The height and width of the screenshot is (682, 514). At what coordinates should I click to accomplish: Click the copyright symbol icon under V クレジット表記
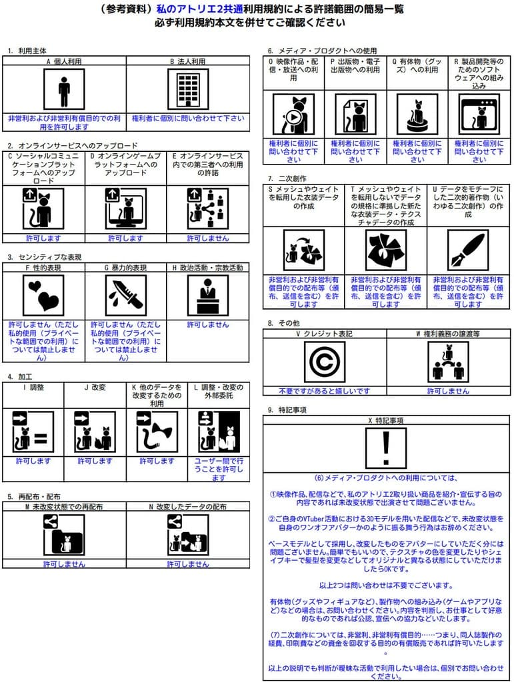(x=324, y=362)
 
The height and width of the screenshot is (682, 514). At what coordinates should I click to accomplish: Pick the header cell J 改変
(x=95, y=387)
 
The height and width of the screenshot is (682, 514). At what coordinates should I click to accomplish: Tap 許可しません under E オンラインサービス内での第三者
(x=208, y=238)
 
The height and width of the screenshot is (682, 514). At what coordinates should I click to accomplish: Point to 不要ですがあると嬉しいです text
(x=324, y=391)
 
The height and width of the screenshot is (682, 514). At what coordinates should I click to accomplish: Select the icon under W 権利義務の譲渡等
(x=448, y=362)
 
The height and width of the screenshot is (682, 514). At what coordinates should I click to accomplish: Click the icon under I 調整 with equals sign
(x=33, y=432)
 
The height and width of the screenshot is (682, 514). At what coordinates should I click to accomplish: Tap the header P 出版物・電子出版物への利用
(x=355, y=65)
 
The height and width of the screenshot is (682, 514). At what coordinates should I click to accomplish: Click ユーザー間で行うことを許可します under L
(x=219, y=468)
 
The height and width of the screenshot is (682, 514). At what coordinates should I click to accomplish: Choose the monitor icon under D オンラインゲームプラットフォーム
(x=125, y=208)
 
